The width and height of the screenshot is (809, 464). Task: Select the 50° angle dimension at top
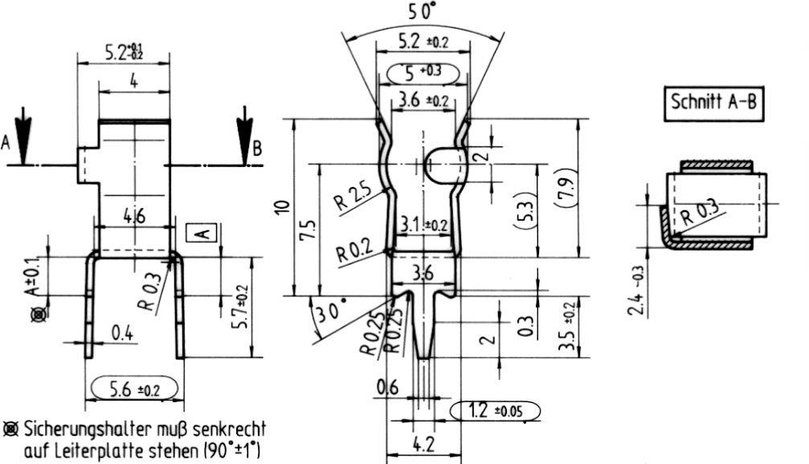(x=423, y=11)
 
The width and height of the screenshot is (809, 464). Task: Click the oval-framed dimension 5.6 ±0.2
(x=134, y=389)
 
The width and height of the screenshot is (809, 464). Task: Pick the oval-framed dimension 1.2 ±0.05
(x=496, y=412)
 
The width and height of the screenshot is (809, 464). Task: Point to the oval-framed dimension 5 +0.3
(x=423, y=72)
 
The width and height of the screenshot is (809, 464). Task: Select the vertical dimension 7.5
(x=306, y=230)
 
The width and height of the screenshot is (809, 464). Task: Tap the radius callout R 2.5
(x=352, y=195)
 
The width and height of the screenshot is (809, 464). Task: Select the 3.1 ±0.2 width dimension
(x=423, y=226)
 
